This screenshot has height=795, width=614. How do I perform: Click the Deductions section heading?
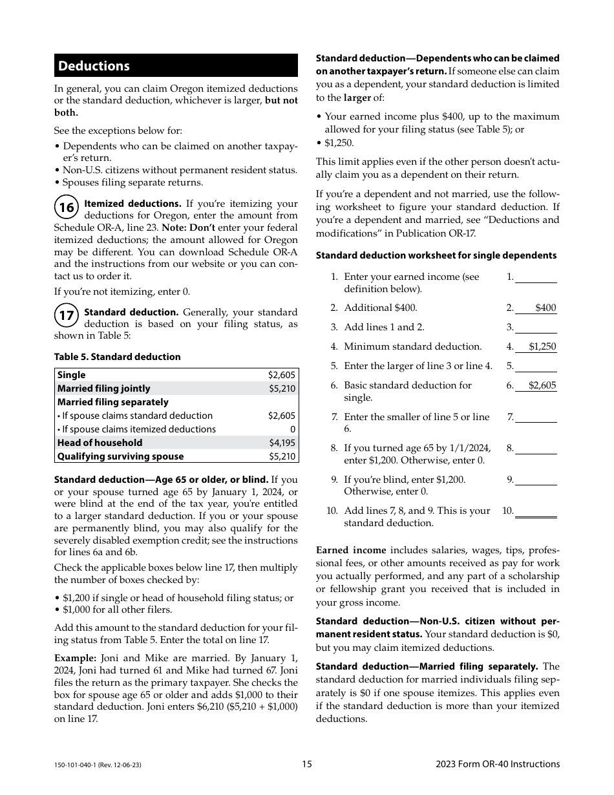pyautogui.click(x=94, y=66)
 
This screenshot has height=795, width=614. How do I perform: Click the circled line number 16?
pyautogui.click(x=67, y=207)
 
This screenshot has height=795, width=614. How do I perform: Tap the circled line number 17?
pyautogui.click(x=67, y=316)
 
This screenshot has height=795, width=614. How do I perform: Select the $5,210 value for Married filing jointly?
pyautogui.click(x=282, y=388)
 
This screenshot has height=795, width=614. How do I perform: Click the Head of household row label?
pyautogui.click(x=100, y=443)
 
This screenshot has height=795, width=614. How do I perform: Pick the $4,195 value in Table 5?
pyautogui.click(x=282, y=443)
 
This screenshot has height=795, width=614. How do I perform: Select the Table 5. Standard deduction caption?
pyautogui.click(x=117, y=357)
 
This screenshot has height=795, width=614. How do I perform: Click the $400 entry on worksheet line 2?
pyautogui.click(x=545, y=308)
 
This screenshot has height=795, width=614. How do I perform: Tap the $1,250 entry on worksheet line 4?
pyautogui.click(x=542, y=346)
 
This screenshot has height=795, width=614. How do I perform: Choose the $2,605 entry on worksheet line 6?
pyautogui.click(x=542, y=385)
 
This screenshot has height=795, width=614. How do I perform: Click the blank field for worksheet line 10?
pyautogui.click(x=536, y=511)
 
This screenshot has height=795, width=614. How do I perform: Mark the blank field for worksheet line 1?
pyautogui.click(x=536, y=277)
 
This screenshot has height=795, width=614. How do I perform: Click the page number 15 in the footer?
pyautogui.click(x=307, y=764)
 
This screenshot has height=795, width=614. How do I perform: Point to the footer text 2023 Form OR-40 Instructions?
pyautogui.click(x=498, y=764)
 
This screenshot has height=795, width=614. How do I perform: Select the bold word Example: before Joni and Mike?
pyautogui.click(x=75, y=658)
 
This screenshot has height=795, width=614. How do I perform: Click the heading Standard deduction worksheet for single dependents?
pyautogui.click(x=436, y=255)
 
